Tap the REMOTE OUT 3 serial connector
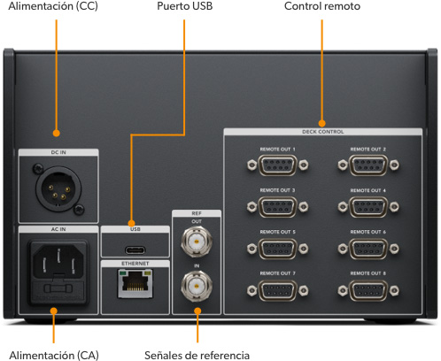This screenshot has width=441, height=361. [x=278, y=206]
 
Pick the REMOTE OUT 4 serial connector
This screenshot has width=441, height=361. [x=367, y=206]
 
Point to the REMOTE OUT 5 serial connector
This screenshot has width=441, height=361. [x=278, y=248]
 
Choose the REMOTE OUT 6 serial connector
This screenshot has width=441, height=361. [x=367, y=248]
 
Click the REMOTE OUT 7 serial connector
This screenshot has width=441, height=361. [x=278, y=289]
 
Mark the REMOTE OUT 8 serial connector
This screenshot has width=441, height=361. [x=367, y=289]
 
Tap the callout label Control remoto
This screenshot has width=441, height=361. [x=322, y=7]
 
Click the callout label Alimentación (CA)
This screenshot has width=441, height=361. [x=54, y=354]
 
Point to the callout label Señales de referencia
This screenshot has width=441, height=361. [x=197, y=354]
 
